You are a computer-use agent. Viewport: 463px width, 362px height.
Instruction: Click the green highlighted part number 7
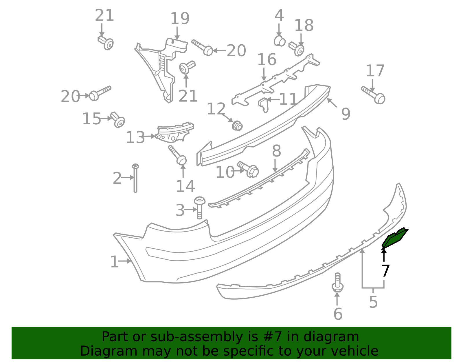394,238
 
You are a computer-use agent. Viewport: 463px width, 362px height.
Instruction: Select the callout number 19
180,19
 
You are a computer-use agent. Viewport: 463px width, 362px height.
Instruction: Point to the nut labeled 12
237,126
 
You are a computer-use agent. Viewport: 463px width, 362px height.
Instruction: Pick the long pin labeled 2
135,178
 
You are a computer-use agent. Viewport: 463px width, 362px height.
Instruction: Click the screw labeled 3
199,207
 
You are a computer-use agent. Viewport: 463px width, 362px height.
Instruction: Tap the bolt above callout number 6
337,282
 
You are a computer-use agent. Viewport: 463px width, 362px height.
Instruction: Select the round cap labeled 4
280,41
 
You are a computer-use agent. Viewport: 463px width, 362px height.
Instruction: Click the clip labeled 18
296,49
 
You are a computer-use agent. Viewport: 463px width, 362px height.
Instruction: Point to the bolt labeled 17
373,95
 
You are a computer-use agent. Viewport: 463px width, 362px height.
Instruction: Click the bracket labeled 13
174,132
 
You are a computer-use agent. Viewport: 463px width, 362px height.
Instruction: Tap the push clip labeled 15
117,120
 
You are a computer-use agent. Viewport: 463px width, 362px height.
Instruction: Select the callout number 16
267,59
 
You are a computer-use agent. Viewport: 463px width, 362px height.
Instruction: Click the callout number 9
346,114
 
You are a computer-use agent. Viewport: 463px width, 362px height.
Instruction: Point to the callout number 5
373,302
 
